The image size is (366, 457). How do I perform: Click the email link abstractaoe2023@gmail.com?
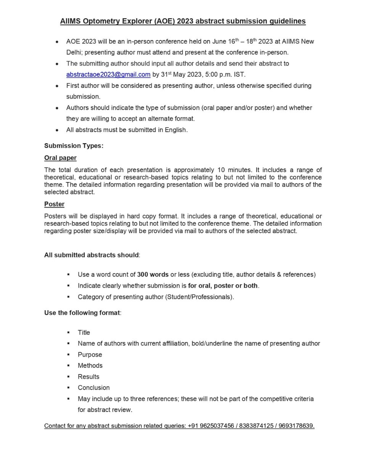click(x=108, y=75)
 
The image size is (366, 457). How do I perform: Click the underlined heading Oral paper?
click(x=60, y=158)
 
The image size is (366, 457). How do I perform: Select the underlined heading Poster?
click(x=54, y=204)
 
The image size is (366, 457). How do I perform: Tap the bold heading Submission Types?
click(x=74, y=146)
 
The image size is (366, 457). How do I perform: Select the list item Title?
click(x=84, y=332)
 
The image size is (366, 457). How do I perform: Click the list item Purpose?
click(x=90, y=355)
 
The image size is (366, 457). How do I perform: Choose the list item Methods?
click(x=90, y=366)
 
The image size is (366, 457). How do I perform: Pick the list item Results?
click(x=88, y=377)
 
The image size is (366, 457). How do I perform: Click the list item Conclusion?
click(x=93, y=388)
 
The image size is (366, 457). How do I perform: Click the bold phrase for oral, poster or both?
click(x=223, y=286)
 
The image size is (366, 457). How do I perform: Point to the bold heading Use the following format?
click(x=82, y=313)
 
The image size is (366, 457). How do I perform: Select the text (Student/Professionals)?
click(x=199, y=297)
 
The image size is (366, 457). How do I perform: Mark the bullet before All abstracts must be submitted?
click(x=57, y=130)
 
